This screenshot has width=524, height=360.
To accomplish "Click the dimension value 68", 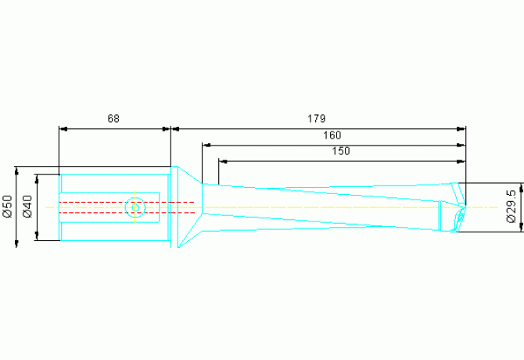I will pyautogui.click(x=113, y=119).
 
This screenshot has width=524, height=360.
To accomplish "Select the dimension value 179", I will pyautogui.click(x=316, y=119).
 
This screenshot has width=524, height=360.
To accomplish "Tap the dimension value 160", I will pyautogui.click(x=332, y=135).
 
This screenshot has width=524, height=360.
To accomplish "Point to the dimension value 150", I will pyautogui.click(x=341, y=151).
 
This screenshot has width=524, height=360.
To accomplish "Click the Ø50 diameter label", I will pyautogui.click(x=7, y=206).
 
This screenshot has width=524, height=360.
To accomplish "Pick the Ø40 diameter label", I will pyautogui.click(x=27, y=206).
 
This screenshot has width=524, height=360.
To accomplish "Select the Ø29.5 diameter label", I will pyautogui.click(x=511, y=207).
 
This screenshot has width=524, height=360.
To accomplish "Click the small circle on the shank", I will pyautogui.click(x=135, y=207).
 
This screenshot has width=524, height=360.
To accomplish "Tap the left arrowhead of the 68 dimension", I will pyautogui.click(x=63, y=128).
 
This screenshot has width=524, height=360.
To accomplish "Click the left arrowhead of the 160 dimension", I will pyautogui.click(x=206, y=145).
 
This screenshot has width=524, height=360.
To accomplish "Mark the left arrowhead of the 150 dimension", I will pyautogui.click(x=223, y=160).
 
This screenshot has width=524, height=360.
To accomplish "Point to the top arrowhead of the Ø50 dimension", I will pyautogui.click(x=17, y=170).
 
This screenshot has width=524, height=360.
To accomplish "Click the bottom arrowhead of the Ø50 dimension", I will pyautogui.click(x=17, y=244).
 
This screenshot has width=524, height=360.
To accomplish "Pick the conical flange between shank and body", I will pyautogui.click(x=186, y=207).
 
